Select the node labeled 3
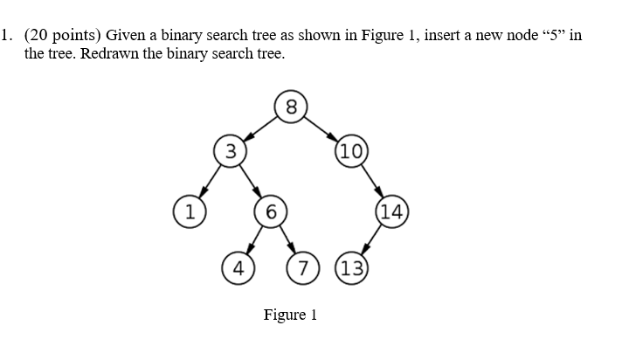(230, 150)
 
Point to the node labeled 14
(390, 211)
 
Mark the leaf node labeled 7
(302, 267)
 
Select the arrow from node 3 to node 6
(250, 181)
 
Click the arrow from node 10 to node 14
(370, 181)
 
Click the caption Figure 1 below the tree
(290, 315)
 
